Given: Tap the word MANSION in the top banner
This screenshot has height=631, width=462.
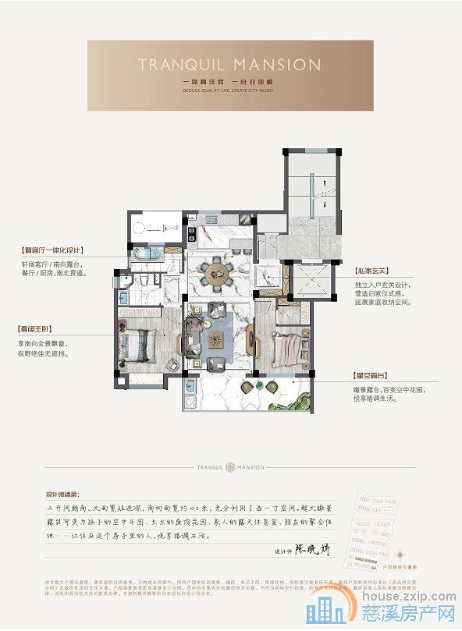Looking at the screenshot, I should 270,64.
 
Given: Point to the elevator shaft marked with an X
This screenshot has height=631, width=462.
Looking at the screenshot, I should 311,279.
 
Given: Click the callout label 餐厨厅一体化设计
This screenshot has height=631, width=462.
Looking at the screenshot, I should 55,251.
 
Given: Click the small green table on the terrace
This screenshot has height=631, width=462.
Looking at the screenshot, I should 190,385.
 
